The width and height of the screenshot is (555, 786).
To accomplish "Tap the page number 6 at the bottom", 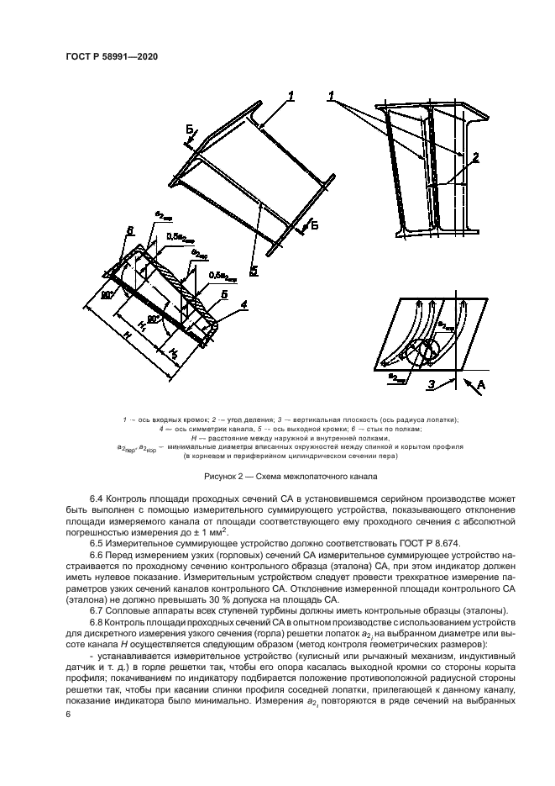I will pyautogui.click(x=68, y=714).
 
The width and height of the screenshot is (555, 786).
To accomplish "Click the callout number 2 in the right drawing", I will pyautogui.click(x=475, y=156).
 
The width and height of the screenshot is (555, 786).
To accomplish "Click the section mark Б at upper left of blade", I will pyautogui.click(x=190, y=129).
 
